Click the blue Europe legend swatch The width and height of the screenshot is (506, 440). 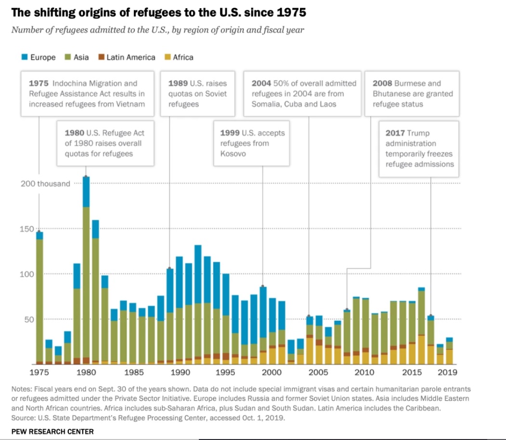pyautogui.click(x=24, y=57)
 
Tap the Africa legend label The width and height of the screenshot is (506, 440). pyautogui.click(x=183, y=57)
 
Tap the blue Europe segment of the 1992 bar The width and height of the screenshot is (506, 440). pyautogui.click(x=198, y=274)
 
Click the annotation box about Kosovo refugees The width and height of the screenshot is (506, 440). pyautogui.click(x=252, y=143)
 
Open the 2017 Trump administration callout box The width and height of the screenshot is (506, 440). pyautogui.click(x=418, y=148)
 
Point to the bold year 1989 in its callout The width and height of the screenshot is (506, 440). pyautogui.click(x=178, y=83)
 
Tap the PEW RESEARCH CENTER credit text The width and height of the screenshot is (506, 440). pyautogui.click(x=52, y=431)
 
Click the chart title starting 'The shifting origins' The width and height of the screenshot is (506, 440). pyautogui.click(x=158, y=12)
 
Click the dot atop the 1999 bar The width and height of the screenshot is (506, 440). pyautogui.click(x=263, y=287)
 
